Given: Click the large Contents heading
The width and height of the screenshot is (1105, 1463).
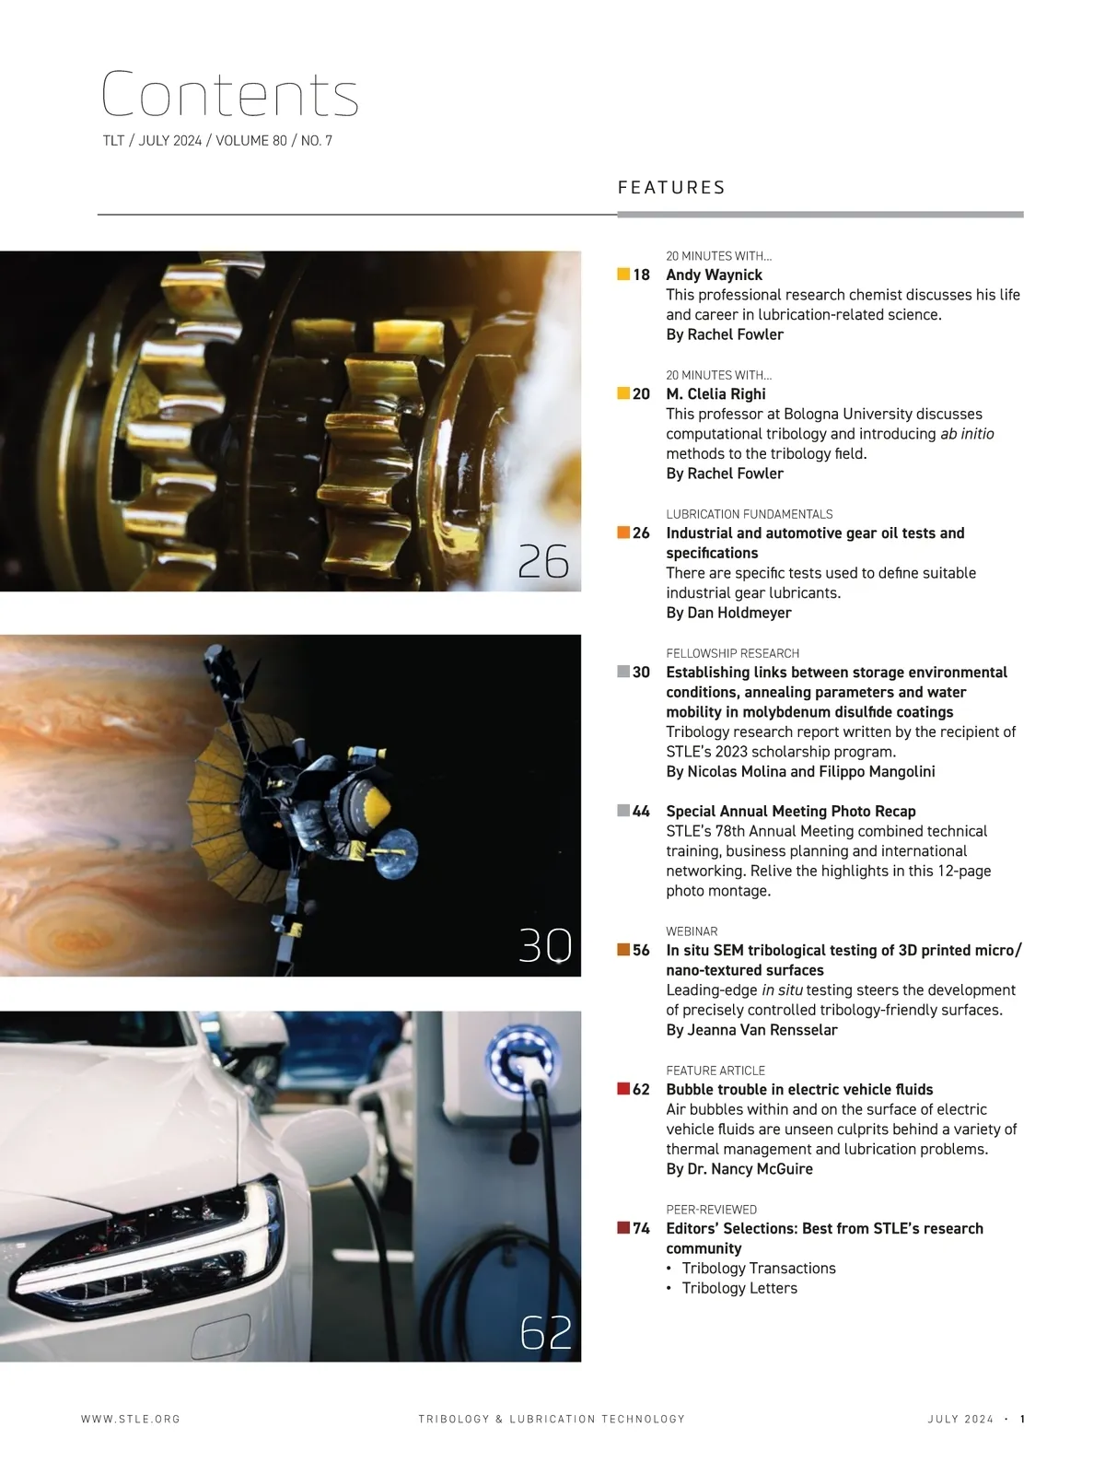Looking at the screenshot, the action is [x=230, y=94].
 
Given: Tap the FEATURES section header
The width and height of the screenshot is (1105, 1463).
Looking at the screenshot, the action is [x=670, y=187].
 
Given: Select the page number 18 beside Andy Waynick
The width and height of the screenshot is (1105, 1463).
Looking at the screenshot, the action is [x=641, y=275].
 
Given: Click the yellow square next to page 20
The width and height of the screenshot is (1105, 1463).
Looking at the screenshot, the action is [x=623, y=393].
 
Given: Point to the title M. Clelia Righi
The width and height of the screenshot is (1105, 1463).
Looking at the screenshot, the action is [x=715, y=394].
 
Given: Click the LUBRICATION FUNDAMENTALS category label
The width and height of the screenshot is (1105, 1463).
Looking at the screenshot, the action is [x=750, y=514].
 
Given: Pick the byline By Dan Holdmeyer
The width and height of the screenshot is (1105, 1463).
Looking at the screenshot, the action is [x=728, y=613].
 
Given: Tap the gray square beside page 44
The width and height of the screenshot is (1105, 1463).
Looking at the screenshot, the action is [x=623, y=811].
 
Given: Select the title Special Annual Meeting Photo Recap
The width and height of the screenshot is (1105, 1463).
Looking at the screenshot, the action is [x=791, y=811].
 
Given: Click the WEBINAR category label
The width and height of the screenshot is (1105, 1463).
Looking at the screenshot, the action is [x=692, y=931].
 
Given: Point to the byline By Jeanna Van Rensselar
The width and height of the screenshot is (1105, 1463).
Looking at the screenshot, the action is [x=751, y=1030].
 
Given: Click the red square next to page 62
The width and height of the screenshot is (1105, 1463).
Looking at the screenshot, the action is [x=623, y=1088].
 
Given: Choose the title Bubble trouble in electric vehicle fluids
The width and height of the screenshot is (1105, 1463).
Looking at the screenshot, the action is [x=799, y=1089].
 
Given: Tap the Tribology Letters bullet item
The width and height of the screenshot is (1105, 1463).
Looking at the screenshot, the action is [x=739, y=1288].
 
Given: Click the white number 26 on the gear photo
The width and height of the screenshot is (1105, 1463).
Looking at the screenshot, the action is [x=543, y=562].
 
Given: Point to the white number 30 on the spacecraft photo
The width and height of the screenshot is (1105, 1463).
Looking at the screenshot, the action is [x=545, y=945].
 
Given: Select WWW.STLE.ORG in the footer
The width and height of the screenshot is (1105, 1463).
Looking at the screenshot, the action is [x=131, y=1419].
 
